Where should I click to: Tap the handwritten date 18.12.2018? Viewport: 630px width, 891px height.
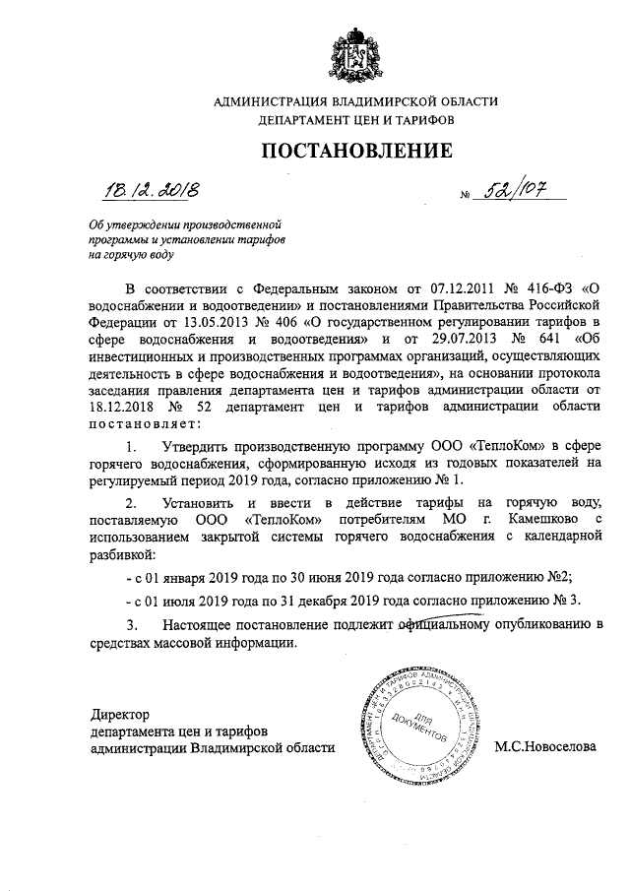tap(151, 188)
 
